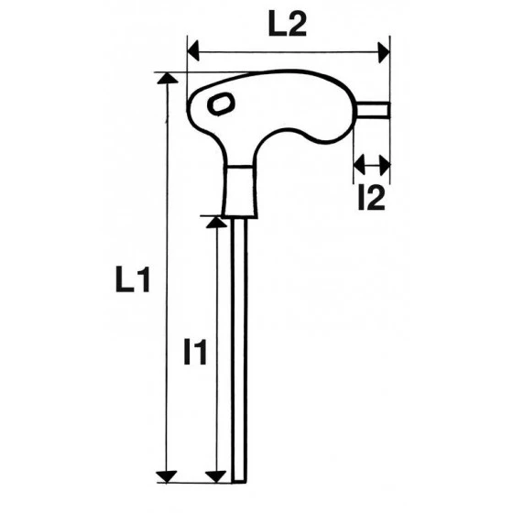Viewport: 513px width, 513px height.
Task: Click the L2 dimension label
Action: pos(287,27)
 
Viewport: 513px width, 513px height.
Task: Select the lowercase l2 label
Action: pos(371,197)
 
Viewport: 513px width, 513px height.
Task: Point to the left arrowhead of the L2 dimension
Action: pos(193,52)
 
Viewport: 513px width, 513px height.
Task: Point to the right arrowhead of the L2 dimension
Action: pos(383,52)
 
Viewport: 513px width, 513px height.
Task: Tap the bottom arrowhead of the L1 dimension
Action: pos(166,474)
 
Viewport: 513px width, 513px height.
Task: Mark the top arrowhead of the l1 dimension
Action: pos(216,224)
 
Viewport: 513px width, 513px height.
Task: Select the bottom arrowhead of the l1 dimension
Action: pos(216,474)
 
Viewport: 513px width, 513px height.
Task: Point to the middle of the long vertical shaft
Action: pos(241,348)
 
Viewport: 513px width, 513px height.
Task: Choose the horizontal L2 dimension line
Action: pos(288,52)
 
